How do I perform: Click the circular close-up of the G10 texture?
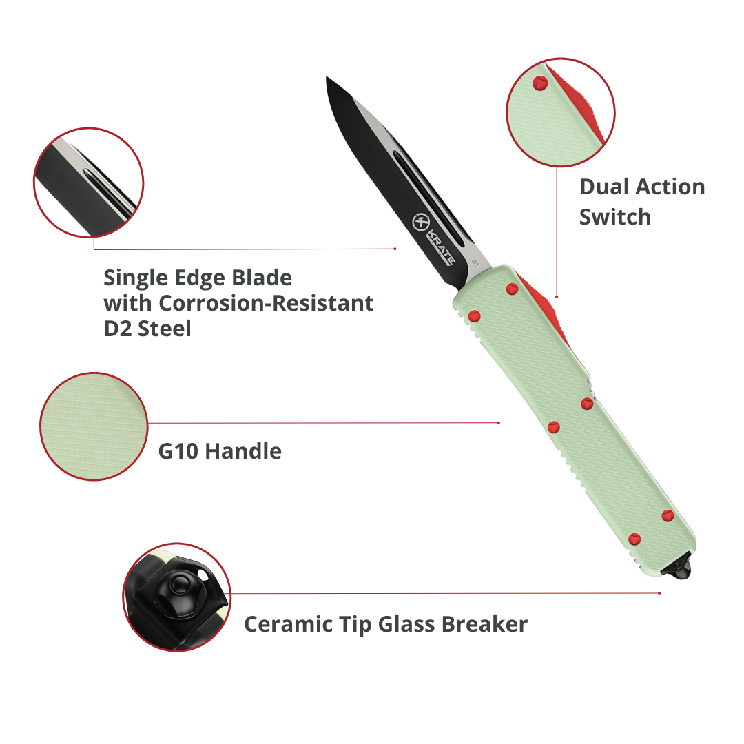tap(94, 426)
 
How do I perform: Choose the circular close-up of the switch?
tap(560, 112)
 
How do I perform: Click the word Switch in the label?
tap(614, 217)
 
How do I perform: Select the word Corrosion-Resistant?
tap(266, 303)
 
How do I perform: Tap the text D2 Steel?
tap(147, 329)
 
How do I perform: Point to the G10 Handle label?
tap(220, 452)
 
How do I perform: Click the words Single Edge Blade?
tap(198, 278)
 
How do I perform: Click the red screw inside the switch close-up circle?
tap(539, 83)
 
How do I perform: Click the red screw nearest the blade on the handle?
tap(512, 289)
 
